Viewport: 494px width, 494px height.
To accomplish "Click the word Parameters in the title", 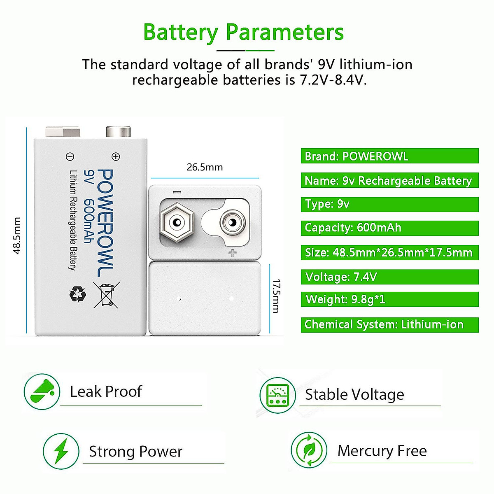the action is pyautogui.click(x=284, y=32).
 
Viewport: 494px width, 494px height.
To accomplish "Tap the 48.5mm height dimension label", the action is pyautogui.click(x=17, y=235).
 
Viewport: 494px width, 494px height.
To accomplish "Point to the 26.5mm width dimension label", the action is pyautogui.click(x=205, y=167).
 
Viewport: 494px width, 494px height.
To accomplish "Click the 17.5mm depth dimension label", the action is pyautogui.click(x=276, y=296).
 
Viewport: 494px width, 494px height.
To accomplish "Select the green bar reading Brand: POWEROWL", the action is pyautogui.click(x=389, y=156).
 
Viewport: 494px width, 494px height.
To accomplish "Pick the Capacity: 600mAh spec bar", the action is pyautogui.click(x=389, y=228).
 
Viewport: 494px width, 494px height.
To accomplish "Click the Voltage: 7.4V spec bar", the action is pyautogui.click(x=389, y=277).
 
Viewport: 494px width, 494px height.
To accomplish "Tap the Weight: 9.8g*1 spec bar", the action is pyautogui.click(x=389, y=299).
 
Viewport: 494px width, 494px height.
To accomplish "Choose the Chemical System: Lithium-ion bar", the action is pyautogui.click(x=389, y=324).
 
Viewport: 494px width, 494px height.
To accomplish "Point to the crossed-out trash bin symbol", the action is pyautogui.click(x=107, y=294).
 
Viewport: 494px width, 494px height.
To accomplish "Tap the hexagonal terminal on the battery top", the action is pyautogui.click(x=177, y=223).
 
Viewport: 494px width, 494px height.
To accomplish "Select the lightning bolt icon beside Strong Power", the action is pyautogui.click(x=61, y=451).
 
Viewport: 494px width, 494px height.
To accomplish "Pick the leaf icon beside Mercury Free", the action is pyautogui.click(x=309, y=450).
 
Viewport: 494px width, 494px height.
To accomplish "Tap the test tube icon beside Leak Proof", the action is pyautogui.click(x=42, y=391).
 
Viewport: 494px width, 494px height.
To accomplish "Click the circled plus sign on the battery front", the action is pyautogui.click(x=116, y=156).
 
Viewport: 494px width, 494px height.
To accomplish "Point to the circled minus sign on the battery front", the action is pyautogui.click(x=70, y=156).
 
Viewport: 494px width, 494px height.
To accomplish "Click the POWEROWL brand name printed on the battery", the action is pyautogui.click(x=105, y=223).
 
